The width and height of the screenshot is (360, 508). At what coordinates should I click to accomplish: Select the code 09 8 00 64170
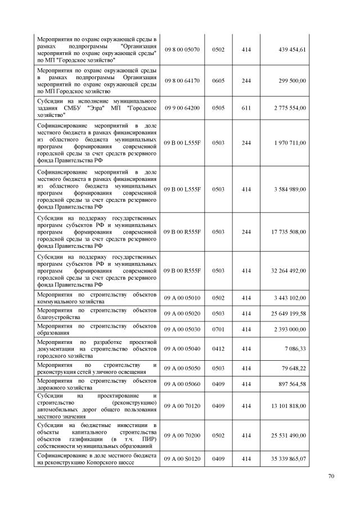click(x=182, y=81)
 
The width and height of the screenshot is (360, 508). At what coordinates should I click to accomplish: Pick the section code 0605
click(x=218, y=81)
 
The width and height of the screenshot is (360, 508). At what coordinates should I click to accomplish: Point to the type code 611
click(x=246, y=107)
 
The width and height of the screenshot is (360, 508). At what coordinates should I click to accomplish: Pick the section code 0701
click(x=218, y=328)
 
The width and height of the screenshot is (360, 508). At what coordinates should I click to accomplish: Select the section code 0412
click(x=218, y=349)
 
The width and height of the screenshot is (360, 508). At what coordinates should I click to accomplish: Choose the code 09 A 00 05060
click(x=182, y=384)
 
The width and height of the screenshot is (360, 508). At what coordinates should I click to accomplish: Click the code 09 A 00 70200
click(x=182, y=436)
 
